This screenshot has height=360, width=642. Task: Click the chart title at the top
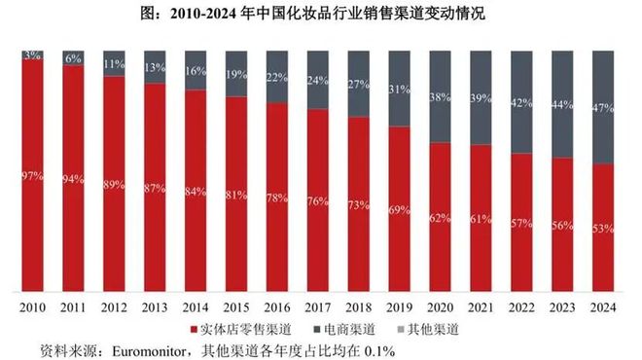point(321,15)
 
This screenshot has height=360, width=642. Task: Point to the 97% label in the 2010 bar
point(33,175)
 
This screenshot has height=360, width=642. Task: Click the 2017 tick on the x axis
point(318,306)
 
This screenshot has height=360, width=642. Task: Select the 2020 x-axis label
point(440,306)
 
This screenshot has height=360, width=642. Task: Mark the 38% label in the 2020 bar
point(440,97)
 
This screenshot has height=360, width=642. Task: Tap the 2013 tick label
point(155,306)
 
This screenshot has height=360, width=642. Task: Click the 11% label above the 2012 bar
point(115,64)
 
